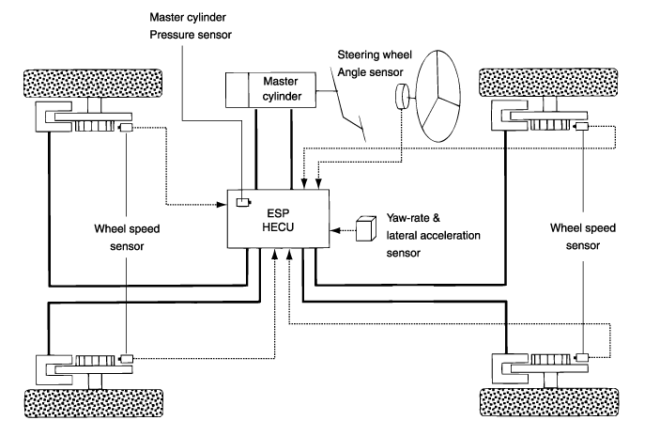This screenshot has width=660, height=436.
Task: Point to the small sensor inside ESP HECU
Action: (x=242, y=202)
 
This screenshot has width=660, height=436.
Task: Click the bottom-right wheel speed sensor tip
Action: (x=581, y=358)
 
